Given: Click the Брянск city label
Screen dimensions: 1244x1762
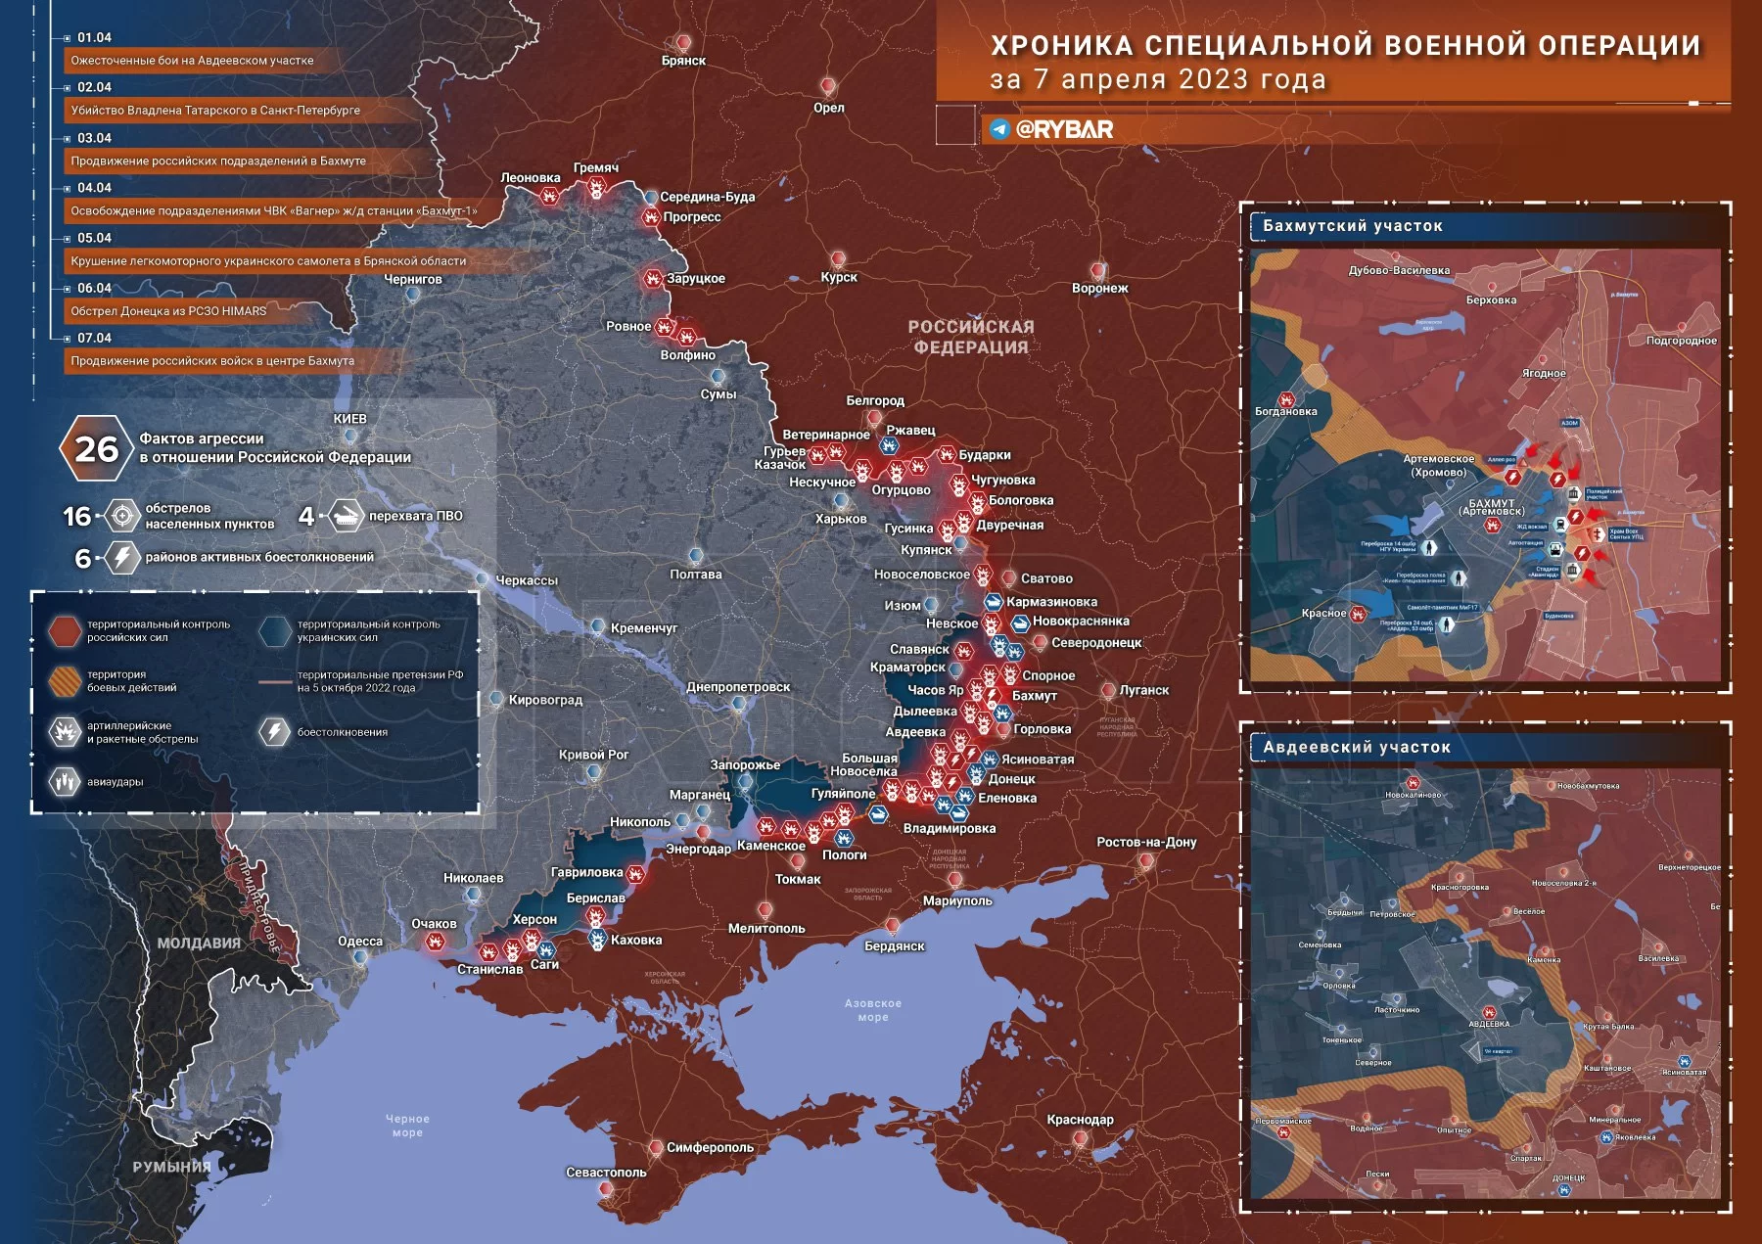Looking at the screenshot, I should [x=683, y=61].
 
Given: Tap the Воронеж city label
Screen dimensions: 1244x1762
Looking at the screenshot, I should [x=1099, y=288].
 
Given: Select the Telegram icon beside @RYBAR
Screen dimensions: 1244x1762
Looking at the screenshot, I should [x=999, y=129].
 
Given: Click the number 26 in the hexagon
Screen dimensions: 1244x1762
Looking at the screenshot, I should [x=96, y=449].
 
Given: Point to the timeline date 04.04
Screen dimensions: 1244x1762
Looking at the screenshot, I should [x=94, y=188].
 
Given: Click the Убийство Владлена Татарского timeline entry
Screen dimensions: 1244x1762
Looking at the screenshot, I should [x=215, y=111].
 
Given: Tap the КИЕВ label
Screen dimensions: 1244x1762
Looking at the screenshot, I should [x=349, y=419].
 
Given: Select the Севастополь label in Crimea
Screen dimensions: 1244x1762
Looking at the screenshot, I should [x=606, y=1172].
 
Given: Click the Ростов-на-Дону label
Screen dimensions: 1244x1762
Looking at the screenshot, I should [x=1146, y=842].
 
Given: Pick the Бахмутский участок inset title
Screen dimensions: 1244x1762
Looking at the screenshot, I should [x=1352, y=226].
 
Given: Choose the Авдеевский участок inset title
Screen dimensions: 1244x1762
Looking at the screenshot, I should [x=1356, y=747].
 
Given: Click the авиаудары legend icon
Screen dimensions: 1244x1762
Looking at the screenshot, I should [x=65, y=781].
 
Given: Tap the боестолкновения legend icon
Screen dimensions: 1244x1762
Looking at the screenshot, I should [x=274, y=731].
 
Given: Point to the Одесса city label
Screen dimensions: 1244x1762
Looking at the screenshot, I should [x=360, y=942].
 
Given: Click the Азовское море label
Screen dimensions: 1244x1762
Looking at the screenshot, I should [x=872, y=1010].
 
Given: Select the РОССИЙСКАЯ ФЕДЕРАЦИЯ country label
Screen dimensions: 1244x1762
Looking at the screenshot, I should [x=970, y=337].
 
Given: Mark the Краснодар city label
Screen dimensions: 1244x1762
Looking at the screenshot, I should [x=1080, y=1120].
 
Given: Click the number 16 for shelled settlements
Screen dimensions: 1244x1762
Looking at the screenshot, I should [x=76, y=516].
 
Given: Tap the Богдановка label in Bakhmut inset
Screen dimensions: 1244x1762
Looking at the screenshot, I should [x=1285, y=412].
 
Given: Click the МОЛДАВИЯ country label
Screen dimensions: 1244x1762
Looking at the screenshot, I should [x=199, y=943].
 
